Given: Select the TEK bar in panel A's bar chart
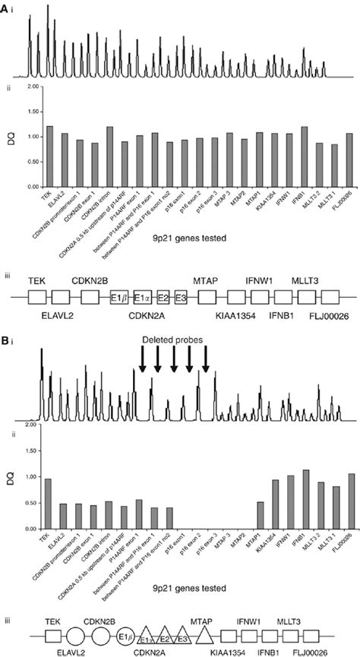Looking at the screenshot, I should pyautogui.click(x=50, y=151).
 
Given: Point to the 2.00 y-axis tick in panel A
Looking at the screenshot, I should pyautogui.click(x=32, y=87).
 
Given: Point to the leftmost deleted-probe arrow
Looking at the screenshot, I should pyautogui.click(x=142, y=365).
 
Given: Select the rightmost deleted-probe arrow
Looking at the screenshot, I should pyautogui.click(x=205, y=365).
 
